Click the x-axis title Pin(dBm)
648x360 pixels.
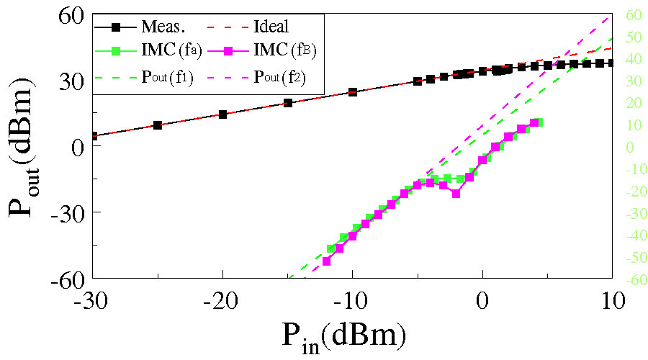[x=344, y=336]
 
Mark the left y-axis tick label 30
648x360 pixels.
[x=69, y=80]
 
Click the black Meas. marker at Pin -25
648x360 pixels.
[x=158, y=125]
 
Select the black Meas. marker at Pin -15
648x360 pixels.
[x=288, y=103]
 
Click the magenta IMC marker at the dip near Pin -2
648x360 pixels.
[x=456, y=194]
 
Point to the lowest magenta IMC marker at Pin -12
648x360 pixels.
[x=326, y=261]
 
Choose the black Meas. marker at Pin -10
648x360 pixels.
[x=353, y=92]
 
